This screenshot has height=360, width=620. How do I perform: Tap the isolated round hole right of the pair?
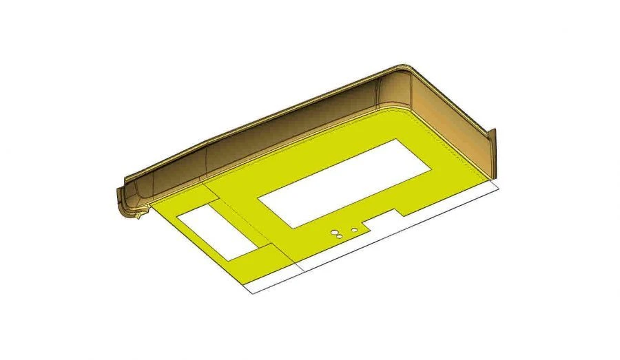(x=354, y=229)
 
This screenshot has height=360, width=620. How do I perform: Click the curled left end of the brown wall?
(x=124, y=200)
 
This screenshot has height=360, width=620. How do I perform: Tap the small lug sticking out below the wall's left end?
(x=140, y=216)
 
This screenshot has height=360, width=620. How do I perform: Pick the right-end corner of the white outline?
(x=497, y=184)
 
